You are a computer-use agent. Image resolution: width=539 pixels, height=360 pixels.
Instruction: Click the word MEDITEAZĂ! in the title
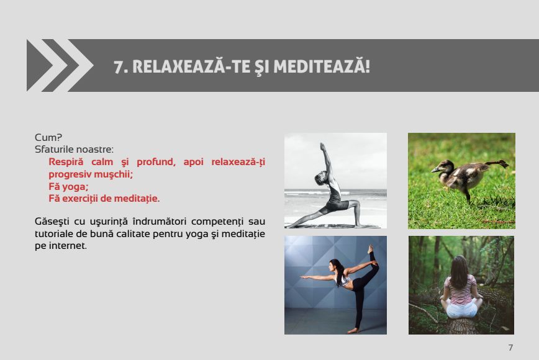tap(322, 66)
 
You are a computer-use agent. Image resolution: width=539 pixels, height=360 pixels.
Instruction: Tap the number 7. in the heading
tap(120, 67)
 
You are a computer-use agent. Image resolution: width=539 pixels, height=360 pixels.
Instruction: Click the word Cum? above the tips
tap(48, 137)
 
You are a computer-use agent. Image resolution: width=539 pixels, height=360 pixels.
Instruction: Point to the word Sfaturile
tap(54, 150)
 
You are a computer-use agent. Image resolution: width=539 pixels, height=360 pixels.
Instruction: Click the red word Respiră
tap(66, 162)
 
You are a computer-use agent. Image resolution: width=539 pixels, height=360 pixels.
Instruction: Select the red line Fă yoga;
tap(68, 187)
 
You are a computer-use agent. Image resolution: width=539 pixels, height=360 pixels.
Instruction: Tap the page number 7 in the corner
tap(510, 348)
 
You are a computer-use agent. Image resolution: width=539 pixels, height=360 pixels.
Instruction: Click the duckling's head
tap(441, 167)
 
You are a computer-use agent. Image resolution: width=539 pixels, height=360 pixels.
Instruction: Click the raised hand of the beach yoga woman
tap(322, 146)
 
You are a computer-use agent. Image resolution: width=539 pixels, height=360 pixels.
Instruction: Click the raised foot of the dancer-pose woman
tap(371, 249)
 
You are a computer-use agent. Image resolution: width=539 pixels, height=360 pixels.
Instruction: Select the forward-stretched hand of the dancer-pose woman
tap(304, 277)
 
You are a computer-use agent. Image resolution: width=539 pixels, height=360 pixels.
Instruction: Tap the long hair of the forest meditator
tap(460, 272)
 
